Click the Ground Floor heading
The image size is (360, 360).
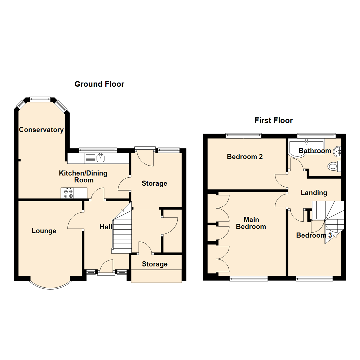pos(99,84)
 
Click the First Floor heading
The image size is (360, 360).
pos(274,120)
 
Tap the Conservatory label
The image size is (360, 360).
pos(41,130)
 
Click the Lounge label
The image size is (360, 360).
pos(44,231)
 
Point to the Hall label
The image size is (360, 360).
pos(106,227)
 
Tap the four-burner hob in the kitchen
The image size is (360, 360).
pos(68,193)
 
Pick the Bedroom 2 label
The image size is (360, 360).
pos(245,157)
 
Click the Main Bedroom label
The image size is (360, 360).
pos(254,223)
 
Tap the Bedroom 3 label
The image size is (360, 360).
pos(314,235)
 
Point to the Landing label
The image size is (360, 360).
pos(314,193)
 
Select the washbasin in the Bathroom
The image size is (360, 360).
pos(338,151)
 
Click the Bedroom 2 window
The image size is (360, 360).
pos(243,135)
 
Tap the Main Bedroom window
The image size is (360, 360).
pos(249,278)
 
